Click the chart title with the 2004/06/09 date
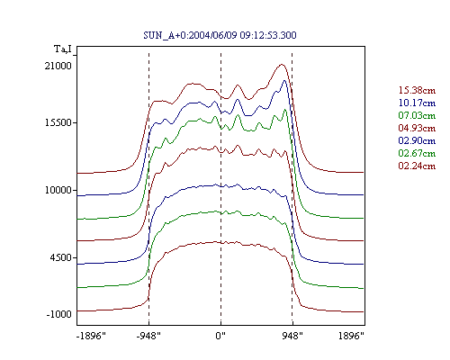click(220, 35)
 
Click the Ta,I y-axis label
click(63, 49)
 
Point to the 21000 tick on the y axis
click(58, 66)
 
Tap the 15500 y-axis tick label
click(58, 122)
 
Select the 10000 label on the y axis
click(58, 190)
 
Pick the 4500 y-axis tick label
click(61, 257)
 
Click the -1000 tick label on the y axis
click(59, 314)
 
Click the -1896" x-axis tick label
click(91, 336)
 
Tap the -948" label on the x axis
click(148, 336)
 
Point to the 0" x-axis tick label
click(220, 336)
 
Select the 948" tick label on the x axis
click(292, 336)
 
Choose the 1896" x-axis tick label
click(351, 336)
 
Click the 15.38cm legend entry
click(417, 90)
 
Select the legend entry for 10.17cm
click(417, 103)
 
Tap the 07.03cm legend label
click(417, 115)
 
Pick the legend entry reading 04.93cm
click(417, 128)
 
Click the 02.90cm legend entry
click(417, 140)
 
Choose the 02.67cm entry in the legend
click(417, 153)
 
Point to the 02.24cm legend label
click(417, 166)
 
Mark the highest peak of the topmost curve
click(282, 64)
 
